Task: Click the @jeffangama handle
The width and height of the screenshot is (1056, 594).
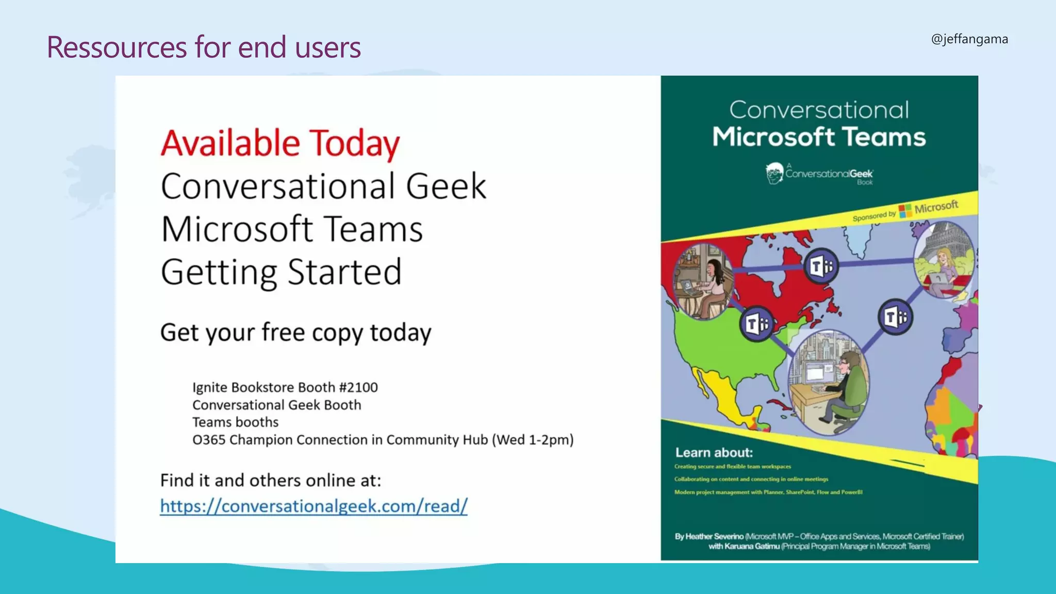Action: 969,39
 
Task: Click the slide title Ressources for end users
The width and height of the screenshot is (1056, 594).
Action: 204,47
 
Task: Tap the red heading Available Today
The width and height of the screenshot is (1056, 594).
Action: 280,143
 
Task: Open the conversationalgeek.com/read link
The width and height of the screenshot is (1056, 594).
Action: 313,506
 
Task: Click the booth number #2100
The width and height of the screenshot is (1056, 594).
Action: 358,387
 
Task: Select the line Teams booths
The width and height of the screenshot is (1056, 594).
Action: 235,422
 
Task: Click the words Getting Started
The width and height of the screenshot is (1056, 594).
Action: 281,272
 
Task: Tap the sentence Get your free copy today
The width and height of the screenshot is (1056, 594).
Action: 295,333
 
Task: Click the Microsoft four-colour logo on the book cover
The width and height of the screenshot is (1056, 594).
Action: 905,211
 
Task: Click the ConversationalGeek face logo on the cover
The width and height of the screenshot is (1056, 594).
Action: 774,173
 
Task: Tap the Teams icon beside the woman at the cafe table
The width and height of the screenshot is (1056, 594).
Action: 756,324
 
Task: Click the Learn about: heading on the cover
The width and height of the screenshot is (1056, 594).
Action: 714,453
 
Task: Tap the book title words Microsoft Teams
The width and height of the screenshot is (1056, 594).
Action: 819,137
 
